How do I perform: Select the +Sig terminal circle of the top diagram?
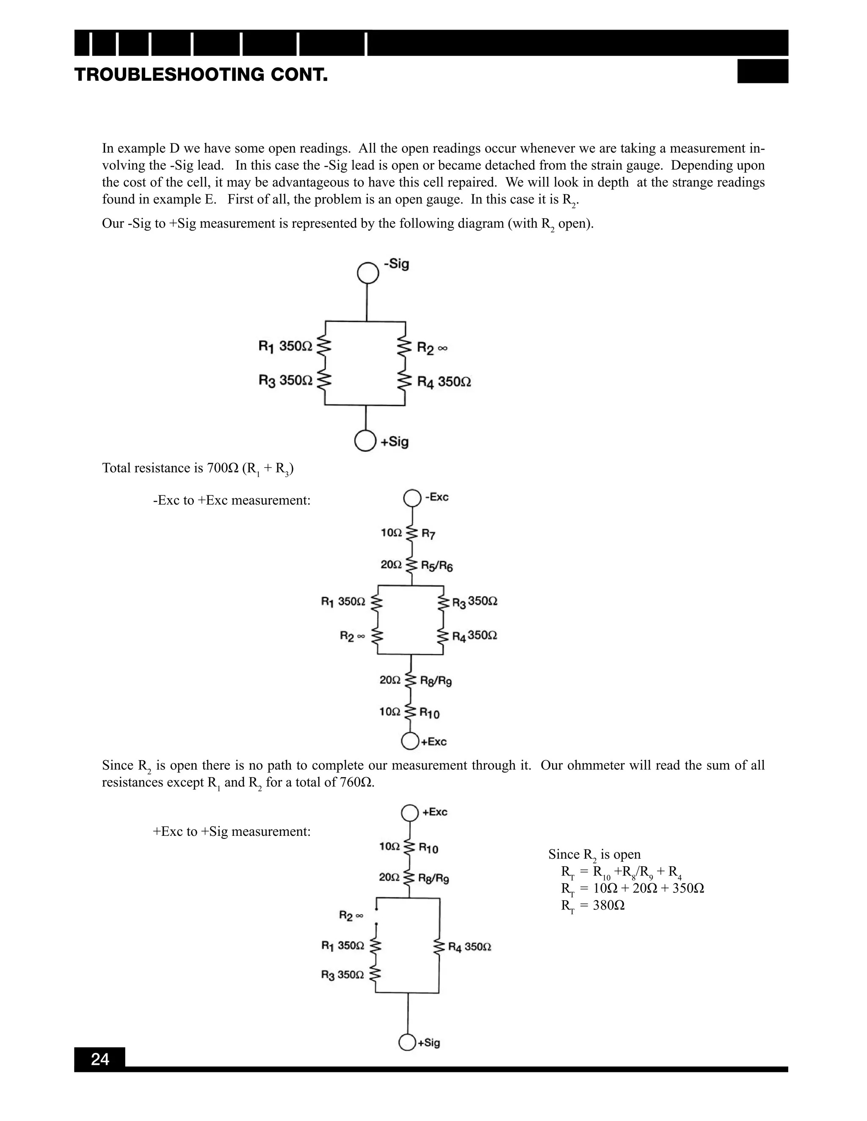click(x=365, y=441)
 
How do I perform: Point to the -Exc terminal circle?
click(x=412, y=498)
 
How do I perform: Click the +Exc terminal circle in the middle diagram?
click(x=410, y=741)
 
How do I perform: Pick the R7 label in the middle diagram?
click(x=428, y=534)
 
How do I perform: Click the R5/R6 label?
click(x=436, y=566)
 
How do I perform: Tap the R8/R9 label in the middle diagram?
click(x=436, y=681)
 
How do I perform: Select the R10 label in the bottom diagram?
click(x=428, y=849)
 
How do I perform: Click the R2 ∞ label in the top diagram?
click(x=432, y=349)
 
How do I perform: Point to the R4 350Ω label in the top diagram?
click(x=444, y=382)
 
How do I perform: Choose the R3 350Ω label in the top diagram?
click(x=285, y=380)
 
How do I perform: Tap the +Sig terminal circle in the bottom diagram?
click(x=407, y=1042)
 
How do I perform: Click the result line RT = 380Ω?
click(x=593, y=905)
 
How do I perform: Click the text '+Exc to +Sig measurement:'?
click(x=232, y=832)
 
